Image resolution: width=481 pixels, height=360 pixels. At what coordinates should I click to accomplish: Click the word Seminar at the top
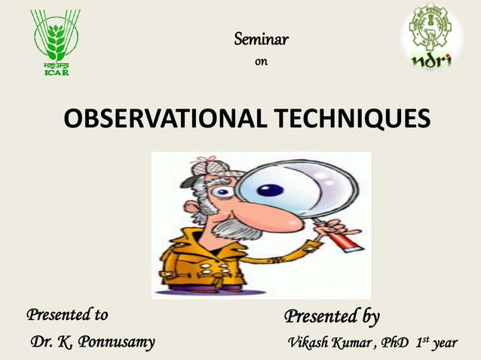[261, 38]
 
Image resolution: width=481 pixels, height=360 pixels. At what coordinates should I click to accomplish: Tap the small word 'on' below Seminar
[261, 62]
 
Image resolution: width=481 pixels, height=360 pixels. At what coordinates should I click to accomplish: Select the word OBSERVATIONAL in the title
[160, 119]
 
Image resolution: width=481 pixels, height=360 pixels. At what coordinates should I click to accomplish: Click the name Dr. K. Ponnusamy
[92, 343]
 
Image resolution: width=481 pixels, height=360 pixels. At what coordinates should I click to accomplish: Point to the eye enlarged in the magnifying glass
[269, 189]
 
